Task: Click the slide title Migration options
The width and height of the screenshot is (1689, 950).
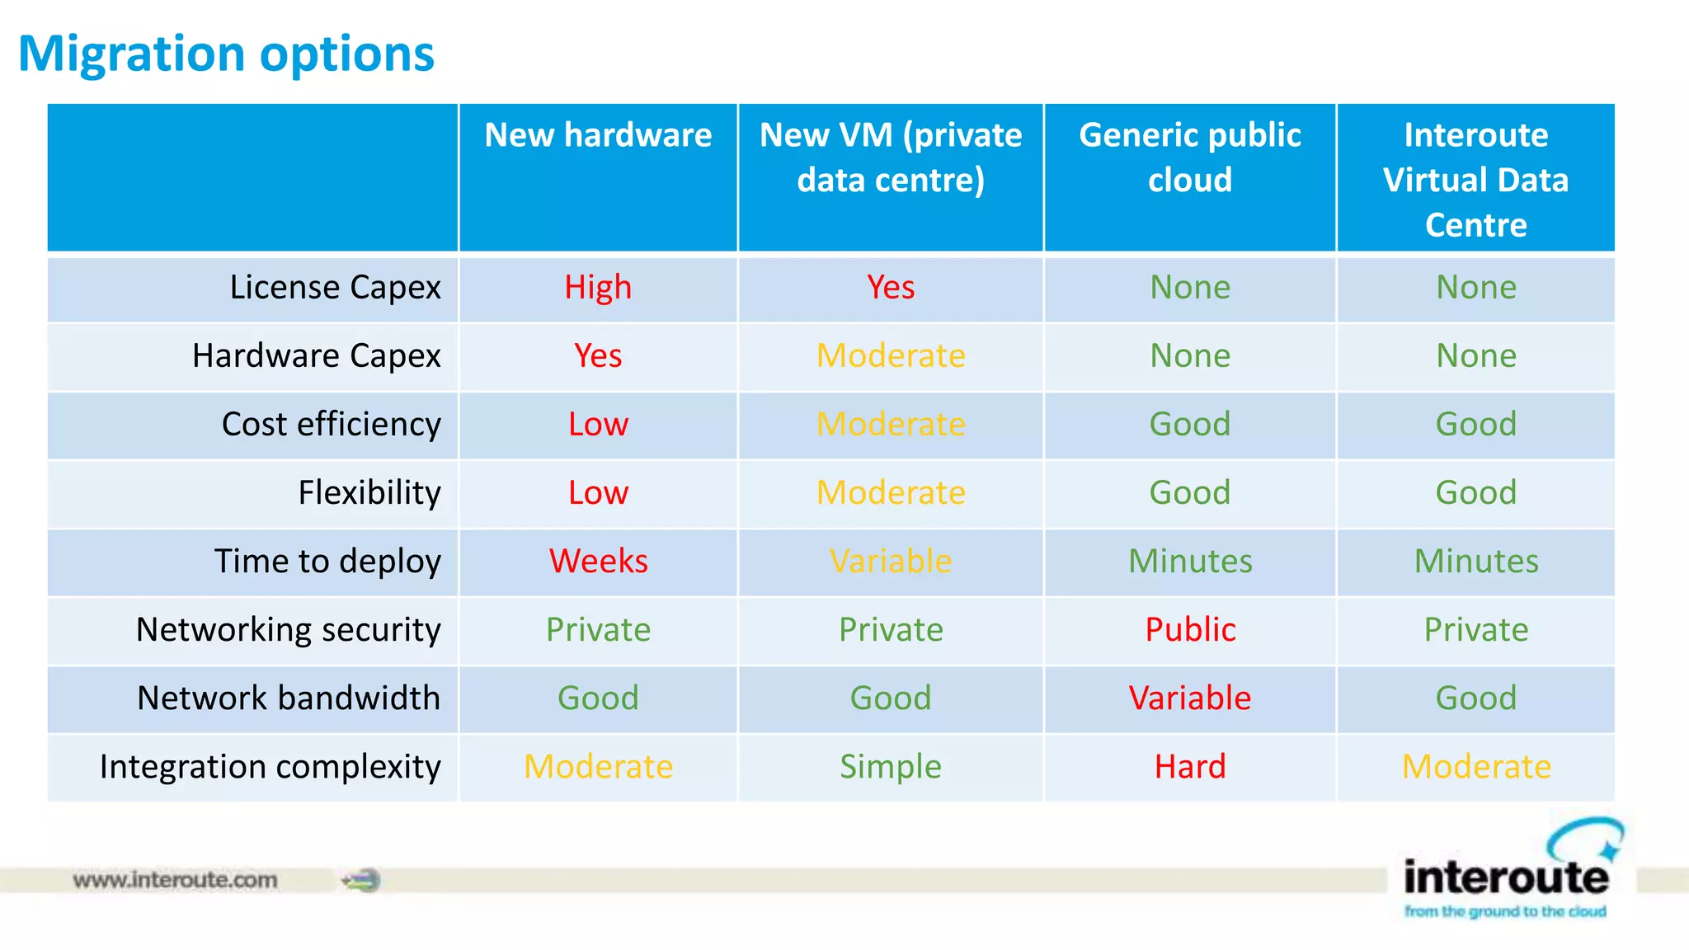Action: [226, 54]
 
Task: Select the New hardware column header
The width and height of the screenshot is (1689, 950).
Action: [598, 135]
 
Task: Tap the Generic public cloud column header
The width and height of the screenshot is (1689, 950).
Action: [1189, 157]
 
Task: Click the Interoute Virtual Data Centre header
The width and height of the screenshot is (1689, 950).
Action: [1475, 179]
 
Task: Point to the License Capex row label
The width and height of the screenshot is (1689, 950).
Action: [335, 288]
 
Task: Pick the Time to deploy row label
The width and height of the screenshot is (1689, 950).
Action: [327, 562]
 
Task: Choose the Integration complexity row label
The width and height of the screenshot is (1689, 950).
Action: [270, 767]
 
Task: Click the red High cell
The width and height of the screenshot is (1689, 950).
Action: [598, 288]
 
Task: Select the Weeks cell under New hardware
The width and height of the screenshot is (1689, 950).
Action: [598, 562]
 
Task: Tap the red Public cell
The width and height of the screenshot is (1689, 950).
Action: [1189, 630]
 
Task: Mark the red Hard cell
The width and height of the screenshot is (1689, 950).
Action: [1189, 767]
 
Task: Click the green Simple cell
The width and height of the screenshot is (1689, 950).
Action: [890, 767]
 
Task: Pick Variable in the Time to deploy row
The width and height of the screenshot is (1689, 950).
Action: [890, 562]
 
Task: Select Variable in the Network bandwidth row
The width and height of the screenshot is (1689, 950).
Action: [1189, 698]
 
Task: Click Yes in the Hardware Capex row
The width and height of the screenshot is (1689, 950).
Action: [598, 356]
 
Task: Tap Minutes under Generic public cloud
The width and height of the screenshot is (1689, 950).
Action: [1189, 562]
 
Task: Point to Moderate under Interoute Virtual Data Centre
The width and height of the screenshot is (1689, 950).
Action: [1475, 767]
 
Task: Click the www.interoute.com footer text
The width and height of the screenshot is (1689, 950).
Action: [175, 880]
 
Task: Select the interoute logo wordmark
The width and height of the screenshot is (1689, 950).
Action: [1505, 877]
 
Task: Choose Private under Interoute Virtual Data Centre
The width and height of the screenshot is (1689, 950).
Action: [1475, 630]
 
